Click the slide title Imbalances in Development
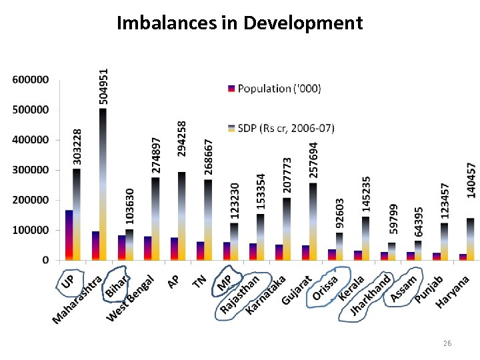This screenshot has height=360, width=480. point(239,23)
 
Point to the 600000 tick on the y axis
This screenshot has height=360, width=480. point(30,80)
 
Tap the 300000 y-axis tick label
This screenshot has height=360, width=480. point(30,170)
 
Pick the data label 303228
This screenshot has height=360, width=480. point(78,147)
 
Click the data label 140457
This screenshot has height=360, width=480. point(471,179)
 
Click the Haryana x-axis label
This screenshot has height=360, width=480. point(453,292)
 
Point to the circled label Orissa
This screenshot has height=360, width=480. point(326,287)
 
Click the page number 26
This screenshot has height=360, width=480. point(447,343)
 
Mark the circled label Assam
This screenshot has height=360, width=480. point(405,288)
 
